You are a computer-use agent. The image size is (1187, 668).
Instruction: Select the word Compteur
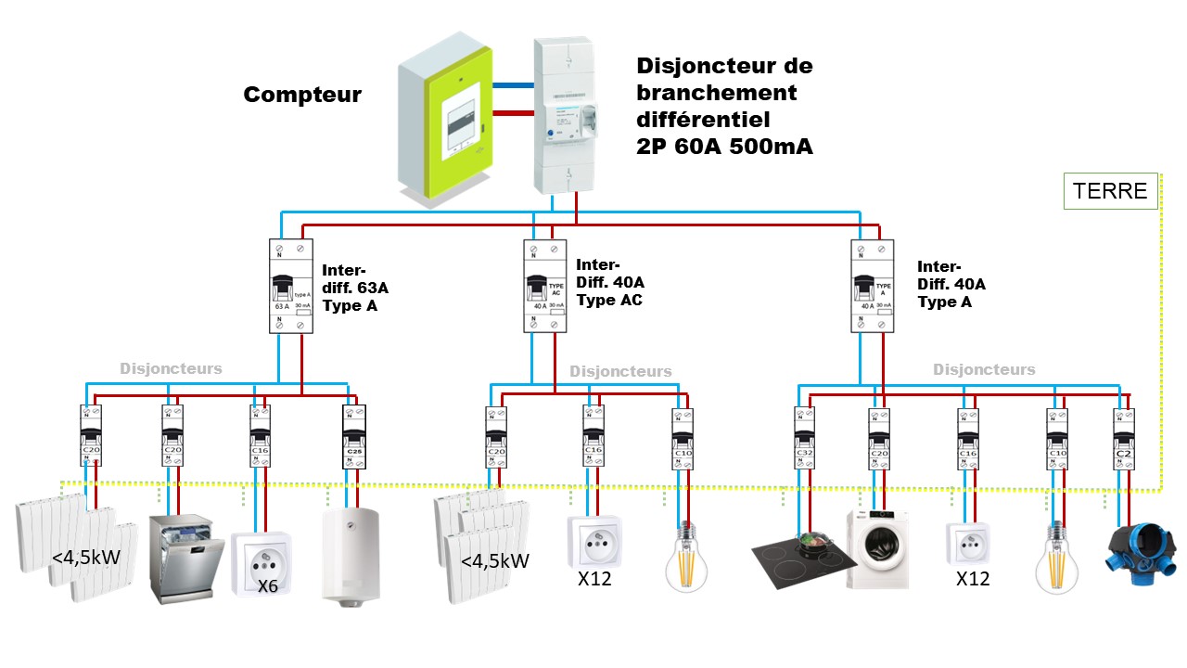tap(302, 95)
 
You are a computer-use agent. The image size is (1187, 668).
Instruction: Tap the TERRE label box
tap(1109, 192)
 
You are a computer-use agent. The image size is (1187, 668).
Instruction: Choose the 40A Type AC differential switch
tap(545, 287)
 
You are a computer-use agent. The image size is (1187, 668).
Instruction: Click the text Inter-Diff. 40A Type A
tap(951, 283)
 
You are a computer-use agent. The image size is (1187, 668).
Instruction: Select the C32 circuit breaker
tap(803, 438)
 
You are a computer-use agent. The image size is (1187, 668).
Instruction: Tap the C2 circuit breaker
tap(1124, 438)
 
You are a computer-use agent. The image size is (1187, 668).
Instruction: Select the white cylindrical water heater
tap(351, 557)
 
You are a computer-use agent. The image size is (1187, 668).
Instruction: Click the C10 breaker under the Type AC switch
tap(683, 438)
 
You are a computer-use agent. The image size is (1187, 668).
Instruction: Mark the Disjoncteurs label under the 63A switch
tap(171, 368)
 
